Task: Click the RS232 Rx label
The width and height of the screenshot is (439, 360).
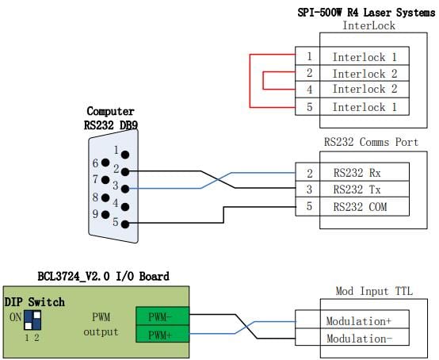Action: [x=357, y=173]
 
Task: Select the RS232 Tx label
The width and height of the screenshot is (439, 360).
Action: [x=357, y=190]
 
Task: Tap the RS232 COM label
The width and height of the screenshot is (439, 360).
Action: [x=360, y=207]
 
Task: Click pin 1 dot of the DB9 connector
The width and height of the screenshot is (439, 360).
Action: [x=125, y=155]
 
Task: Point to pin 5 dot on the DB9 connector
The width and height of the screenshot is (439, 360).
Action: [x=125, y=224]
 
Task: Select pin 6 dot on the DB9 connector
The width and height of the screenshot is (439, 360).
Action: [x=105, y=163]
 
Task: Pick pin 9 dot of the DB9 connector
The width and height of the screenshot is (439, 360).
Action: [x=105, y=215]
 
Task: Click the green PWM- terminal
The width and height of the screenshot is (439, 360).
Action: [x=162, y=316]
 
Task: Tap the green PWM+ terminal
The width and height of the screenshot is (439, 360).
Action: [x=162, y=334]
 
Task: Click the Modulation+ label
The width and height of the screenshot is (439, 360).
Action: [x=359, y=321]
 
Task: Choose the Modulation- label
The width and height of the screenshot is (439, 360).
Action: [x=359, y=339]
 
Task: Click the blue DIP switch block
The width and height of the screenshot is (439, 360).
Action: [x=32, y=320]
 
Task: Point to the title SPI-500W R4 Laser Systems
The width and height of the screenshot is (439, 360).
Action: [x=366, y=13]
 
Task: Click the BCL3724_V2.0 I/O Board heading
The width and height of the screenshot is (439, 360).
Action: [x=103, y=276]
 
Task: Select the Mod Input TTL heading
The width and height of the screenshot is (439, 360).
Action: [x=374, y=291]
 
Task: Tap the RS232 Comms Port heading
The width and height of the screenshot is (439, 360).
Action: [x=371, y=142]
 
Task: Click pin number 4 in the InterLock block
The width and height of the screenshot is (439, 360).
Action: [x=309, y=90]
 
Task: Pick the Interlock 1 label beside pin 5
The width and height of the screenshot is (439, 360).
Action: [x=365, y=107]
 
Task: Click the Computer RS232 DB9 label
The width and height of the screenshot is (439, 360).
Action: [x=111, y=118]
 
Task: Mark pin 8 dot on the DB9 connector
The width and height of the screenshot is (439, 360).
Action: [x=105, y=197]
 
